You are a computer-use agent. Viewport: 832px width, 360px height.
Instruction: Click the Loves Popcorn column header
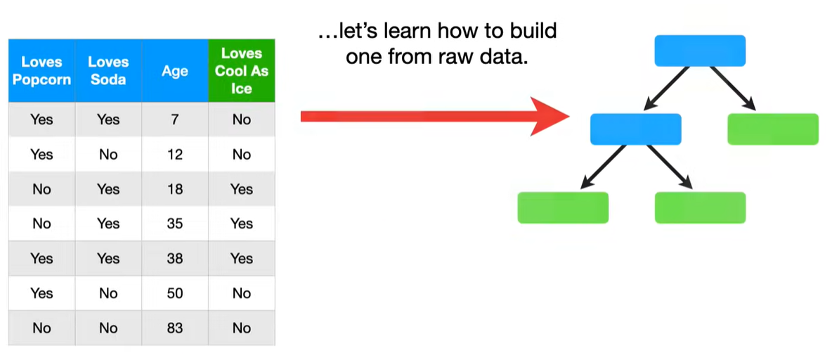pos(42,70)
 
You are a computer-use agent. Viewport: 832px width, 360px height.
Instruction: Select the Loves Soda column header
pos(109,70)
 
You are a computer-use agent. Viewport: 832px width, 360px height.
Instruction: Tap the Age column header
pos(175,70)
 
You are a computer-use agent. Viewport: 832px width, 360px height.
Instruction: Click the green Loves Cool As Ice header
pos(242,70)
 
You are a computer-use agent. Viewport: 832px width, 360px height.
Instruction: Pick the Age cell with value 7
pos(175,120)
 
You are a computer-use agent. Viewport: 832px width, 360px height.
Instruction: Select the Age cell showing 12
pos(175,154)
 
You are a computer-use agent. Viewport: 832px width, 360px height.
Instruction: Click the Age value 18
pos(175,189)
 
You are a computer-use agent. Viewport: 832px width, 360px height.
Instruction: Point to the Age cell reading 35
pos(175,224)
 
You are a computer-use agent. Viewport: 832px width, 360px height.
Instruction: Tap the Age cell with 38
pos(175,259)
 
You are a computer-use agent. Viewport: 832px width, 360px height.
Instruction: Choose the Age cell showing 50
pos(175,293)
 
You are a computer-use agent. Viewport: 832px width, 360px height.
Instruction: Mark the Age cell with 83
pos(175,328)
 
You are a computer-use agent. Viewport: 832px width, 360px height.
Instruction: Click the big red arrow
pos(434,116)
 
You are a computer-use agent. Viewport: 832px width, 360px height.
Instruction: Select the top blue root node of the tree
pos(700,51)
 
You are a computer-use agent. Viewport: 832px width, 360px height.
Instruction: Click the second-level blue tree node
pos(636,129)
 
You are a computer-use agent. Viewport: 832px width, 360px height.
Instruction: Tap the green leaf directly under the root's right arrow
pos(773,129)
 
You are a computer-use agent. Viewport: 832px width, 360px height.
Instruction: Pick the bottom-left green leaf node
pos(563,207)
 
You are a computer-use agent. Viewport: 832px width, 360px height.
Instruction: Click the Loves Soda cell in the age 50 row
pos(109,293)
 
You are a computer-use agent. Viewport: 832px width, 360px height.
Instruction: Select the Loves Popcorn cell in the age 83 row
pos(42,328)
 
